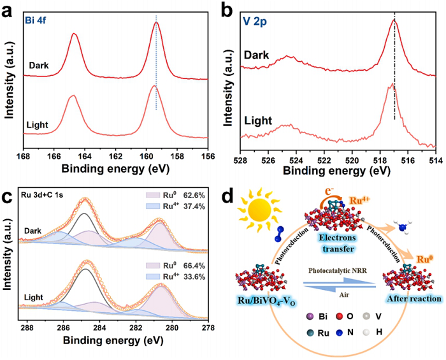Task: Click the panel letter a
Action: click(x=8, y=11)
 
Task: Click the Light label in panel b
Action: click(x=258, y=120)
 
